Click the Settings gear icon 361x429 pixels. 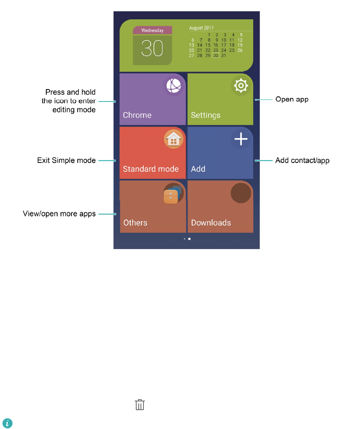tap(241, 86)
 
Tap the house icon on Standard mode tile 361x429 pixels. tap(173, 139)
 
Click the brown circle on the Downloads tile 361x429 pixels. tap(241, 192)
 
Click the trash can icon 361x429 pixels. tap(140, 405)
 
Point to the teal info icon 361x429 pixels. tap(7, 423)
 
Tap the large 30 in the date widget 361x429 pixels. tap(152, 48)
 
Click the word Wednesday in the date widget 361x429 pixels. tap(152, 31)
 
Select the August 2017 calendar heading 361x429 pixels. tap(201, 28)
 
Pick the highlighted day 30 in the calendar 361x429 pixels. tap(216, 56)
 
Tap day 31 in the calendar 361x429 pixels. tap(224, 56)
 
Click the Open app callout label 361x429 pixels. tap(292, 99)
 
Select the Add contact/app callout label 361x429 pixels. tap(302, 160)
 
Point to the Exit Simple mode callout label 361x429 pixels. tap(66, 160)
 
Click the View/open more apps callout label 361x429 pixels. tap(60, 214)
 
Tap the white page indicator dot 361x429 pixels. tap(189, 239)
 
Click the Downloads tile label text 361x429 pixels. tap(211, 222)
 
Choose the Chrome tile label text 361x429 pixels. tap(137, 115)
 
